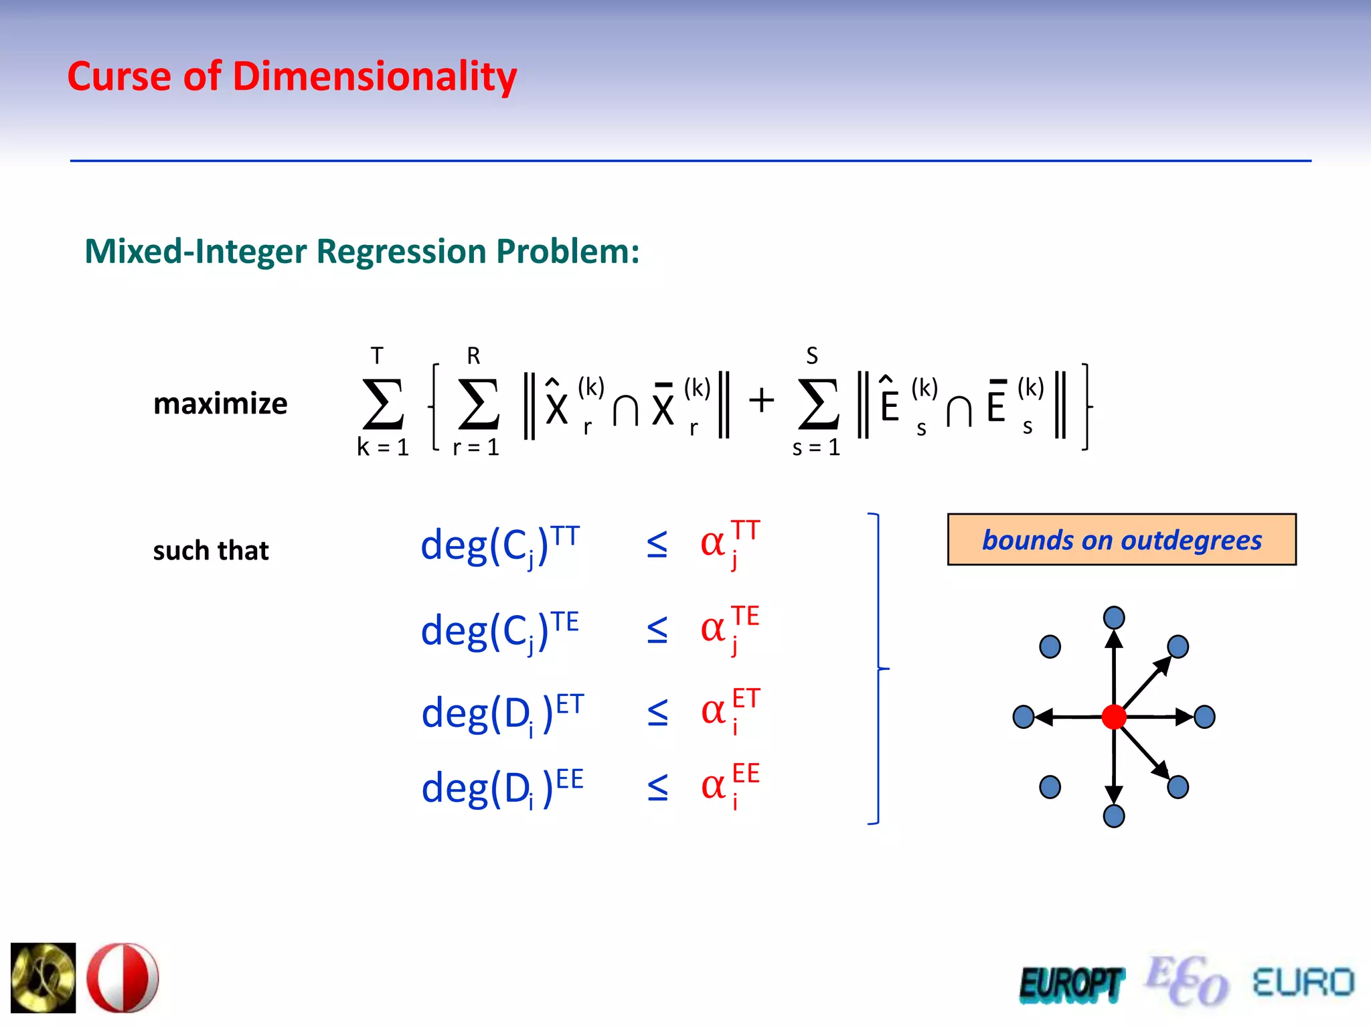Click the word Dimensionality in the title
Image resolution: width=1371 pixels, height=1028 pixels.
(374, 77)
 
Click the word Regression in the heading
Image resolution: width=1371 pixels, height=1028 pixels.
(401, 252)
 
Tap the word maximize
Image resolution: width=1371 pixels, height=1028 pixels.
(220, 404)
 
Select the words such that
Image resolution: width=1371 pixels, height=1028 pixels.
(211, 551)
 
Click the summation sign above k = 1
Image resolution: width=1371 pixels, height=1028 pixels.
(383, 404)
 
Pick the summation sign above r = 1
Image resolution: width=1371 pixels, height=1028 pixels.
(478, 404)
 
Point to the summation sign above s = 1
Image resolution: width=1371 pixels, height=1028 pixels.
(817, 404)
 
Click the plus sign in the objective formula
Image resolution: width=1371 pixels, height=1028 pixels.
(761, 402)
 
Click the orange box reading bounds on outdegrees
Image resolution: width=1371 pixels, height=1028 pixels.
(1121, 539)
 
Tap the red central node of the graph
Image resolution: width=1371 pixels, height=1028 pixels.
(1114, 717)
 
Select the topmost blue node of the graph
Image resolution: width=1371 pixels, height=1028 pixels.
(1114, 617)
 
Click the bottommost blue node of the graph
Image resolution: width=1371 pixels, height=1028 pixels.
(1114, 816)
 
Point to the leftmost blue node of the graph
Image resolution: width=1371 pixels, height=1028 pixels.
(1024, 717)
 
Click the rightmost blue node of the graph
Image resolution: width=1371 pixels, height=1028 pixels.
(1204, 717)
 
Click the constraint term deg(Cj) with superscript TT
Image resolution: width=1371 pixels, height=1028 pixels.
(499, 545)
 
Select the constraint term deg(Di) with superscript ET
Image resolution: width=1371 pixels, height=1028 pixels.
(502, 712)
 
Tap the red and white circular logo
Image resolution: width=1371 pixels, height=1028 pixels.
(123, 978)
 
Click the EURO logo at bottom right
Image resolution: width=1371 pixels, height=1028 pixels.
(1303, 982)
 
